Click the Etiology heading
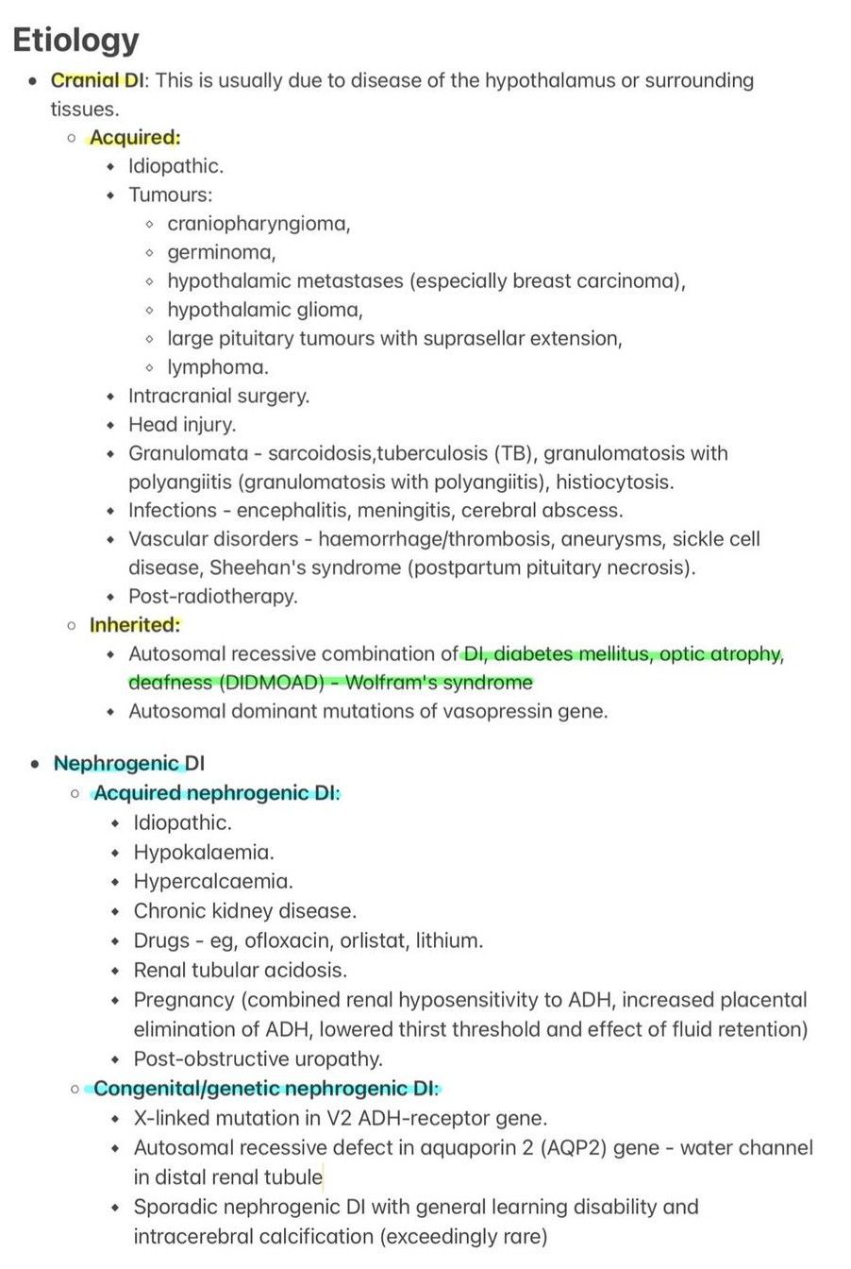coord(75,40)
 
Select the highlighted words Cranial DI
coord(97,80)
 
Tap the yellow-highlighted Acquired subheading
coord(134,138)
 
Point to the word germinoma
coord(221,252)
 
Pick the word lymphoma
coord(217,367)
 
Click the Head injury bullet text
coord(182,424)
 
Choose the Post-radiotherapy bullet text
coord(212,596)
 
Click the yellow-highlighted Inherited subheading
coord(134,625)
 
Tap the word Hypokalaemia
coord(203,853)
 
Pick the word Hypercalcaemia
coord(212,882)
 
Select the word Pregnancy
coord(183,999)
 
